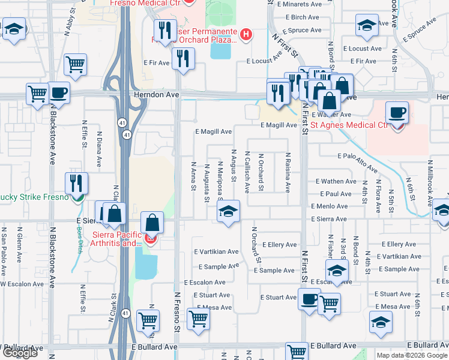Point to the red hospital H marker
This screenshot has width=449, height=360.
(x=245, y=35)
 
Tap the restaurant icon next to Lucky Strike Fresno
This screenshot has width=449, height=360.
(x=76, y=182)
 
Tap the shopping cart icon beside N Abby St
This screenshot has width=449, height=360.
(x=75, y=64)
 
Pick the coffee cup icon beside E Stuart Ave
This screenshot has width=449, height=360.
(x=309, y=299)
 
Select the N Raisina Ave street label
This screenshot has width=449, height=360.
(x=288, y=172)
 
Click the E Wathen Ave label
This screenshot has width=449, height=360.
(x=336, y=181)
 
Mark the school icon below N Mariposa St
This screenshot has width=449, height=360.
(x=227, y=211)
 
